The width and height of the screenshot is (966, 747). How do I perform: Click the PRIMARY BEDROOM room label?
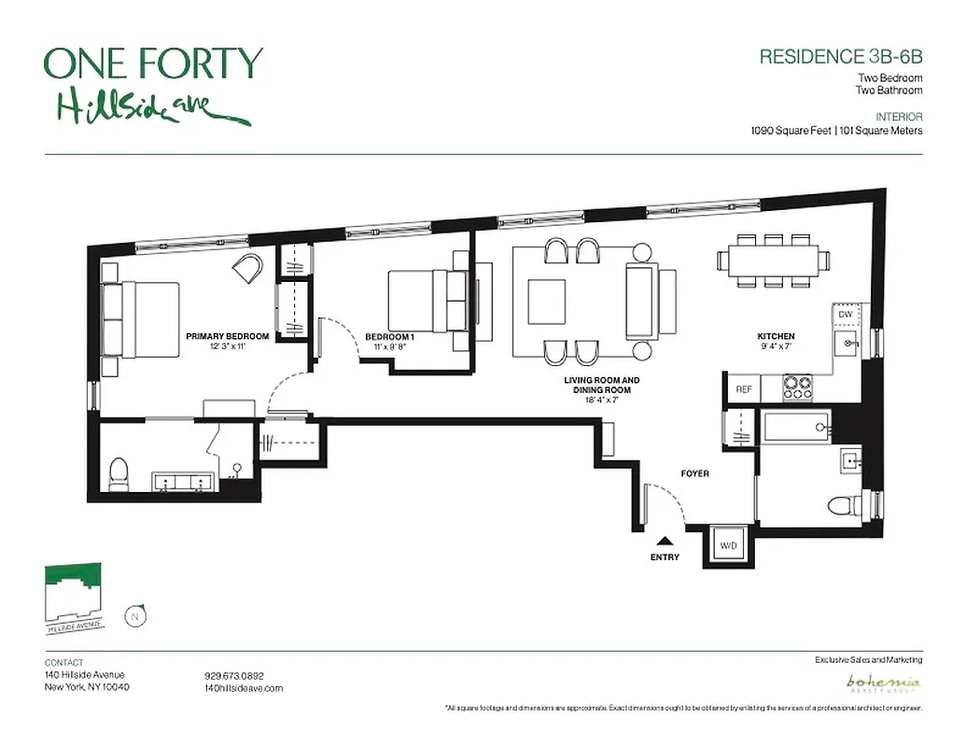[x=228, y=336]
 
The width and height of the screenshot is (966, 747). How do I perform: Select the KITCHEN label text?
[x=776, y=336]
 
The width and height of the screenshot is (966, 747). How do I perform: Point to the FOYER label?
[x=694, y=474]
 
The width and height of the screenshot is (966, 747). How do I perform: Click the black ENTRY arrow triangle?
[x=664, y=541]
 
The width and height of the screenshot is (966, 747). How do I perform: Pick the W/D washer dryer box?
[x=726, y=543]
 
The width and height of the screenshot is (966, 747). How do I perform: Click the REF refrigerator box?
[x=744, y=389]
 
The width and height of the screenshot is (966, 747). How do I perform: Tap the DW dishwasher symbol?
[x=845, y=315]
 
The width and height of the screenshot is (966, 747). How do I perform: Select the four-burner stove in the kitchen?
[x=797, y=388]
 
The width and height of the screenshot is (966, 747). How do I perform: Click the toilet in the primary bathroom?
[x=119, y=474]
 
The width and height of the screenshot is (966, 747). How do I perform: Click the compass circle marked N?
[x=136, y=615]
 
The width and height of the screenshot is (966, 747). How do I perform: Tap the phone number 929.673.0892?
[x=234, y=675]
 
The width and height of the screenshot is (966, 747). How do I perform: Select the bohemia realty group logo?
[x=882, y=684]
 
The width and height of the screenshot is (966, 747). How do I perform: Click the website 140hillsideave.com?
[x=243, y=688]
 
